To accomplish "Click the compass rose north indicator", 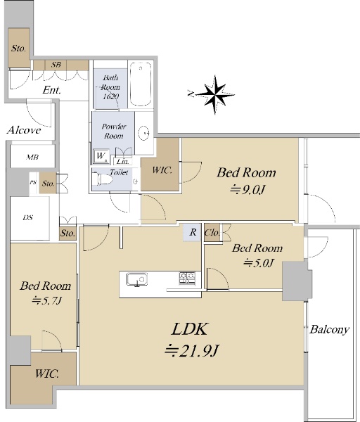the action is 214,94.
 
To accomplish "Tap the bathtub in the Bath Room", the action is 140,84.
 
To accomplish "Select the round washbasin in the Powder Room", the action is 144,132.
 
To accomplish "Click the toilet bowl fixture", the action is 102,179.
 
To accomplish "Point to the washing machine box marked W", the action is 101,156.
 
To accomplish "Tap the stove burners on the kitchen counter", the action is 187,279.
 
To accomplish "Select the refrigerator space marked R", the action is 192,232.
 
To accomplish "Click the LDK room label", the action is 189,329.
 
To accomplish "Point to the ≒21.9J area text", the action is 192,351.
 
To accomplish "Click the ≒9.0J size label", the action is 247,190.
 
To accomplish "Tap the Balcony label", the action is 329,329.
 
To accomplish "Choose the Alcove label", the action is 24,130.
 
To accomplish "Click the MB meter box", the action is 32,157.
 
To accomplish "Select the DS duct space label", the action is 28,218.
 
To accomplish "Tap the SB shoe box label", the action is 56,65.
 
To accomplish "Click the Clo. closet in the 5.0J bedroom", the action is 212,232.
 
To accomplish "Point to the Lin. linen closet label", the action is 123,162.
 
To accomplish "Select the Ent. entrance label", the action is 51,90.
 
